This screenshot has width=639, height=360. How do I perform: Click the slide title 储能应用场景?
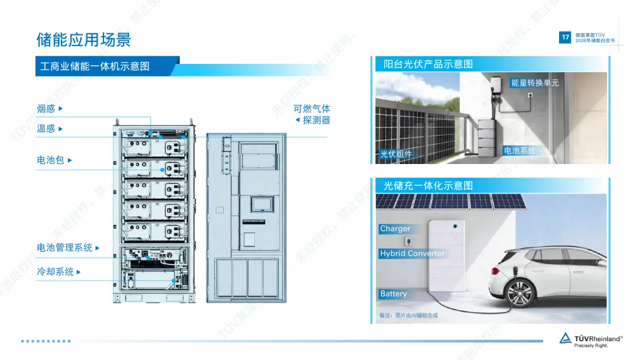point(83,40)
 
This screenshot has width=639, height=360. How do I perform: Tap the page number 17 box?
point(565,37)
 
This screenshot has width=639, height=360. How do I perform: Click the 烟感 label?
point(46,109)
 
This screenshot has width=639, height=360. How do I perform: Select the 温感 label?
point(46,128)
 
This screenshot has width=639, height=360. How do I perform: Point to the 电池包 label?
point(50,160)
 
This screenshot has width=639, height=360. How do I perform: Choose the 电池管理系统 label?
point(64,248)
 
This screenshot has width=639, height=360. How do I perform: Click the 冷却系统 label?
point(55,272)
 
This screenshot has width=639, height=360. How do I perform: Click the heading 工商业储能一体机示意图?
point(95,66)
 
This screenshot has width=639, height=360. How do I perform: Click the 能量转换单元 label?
point(535,83)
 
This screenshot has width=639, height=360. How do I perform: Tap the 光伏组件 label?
point(396,155)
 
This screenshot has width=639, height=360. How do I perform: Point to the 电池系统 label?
point(519,151)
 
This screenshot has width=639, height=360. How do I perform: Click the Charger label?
point(395,229)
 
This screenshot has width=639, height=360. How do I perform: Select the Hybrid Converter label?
point(412,253)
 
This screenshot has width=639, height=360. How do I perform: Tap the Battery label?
point(393,294)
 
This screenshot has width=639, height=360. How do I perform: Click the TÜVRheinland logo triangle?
point(566,339)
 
